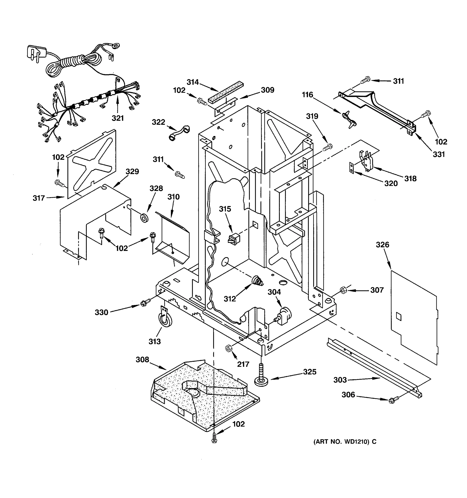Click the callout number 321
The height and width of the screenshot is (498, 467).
click(x=117, y=118)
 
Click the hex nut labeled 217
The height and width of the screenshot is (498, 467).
click(x=229, y=348)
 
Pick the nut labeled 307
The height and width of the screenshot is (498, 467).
click(x=343, y=290)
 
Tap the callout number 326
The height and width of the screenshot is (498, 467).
click(x=382, y=244)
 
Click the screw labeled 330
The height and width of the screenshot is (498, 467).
click(x=145, y=303)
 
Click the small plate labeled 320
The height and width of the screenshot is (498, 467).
click(x=352, y=168)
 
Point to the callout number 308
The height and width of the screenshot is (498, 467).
click(x=142, y=360)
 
